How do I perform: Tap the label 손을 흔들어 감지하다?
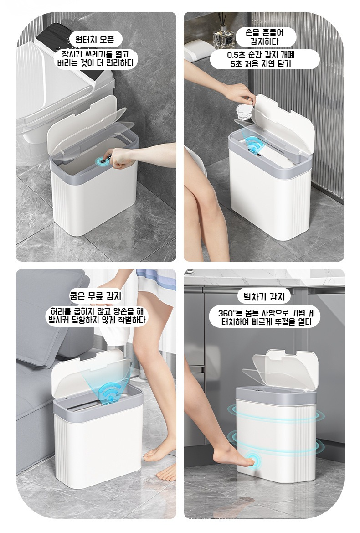(x=266, y=37)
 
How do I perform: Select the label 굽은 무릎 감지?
(x=95, y=296)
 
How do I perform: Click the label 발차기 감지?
(x=264, y=297)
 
